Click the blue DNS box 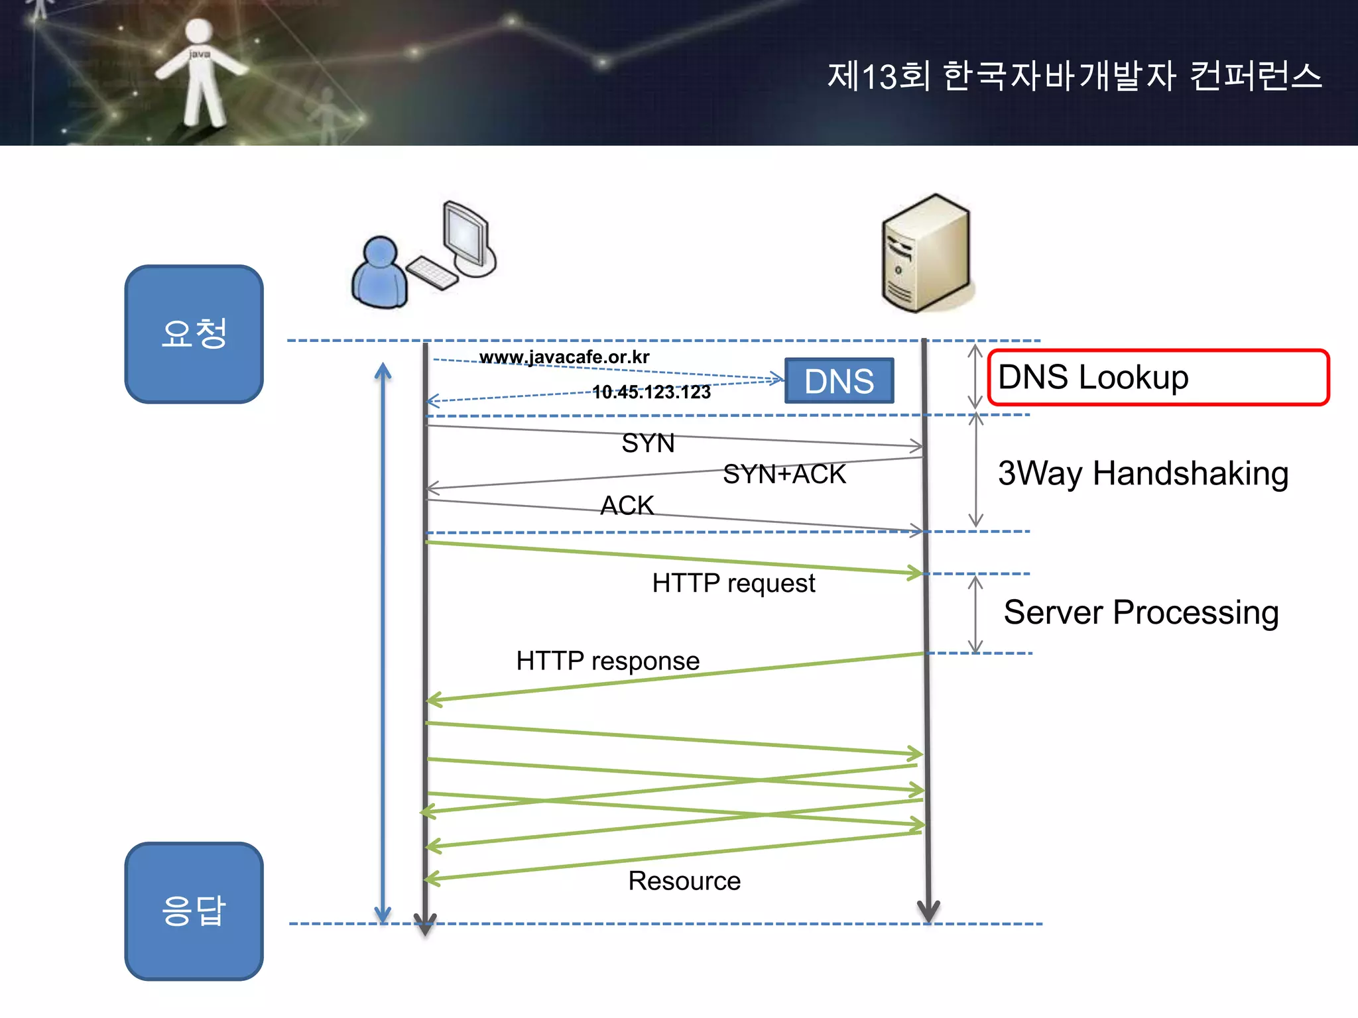click(839, 380)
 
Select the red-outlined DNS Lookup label click(1158, 377)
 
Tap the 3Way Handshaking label click(1143, 473)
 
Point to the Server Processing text click(1141, 612)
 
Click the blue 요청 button click(194, 334)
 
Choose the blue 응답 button click(194, 911)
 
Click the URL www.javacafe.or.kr click(564, 357)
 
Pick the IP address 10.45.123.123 click(650, 392)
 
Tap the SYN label click(648, 443)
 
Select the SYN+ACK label click(784, 474)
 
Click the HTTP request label click(733, 583)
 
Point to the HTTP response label click(607, 661)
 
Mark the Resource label click(684, 881)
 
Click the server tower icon click(927, 253)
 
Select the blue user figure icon click(379, 273)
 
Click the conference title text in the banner click(1074, 76)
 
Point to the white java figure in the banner click(200, 73)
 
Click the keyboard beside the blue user click(432, 272)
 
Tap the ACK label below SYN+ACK click(627, 505)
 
